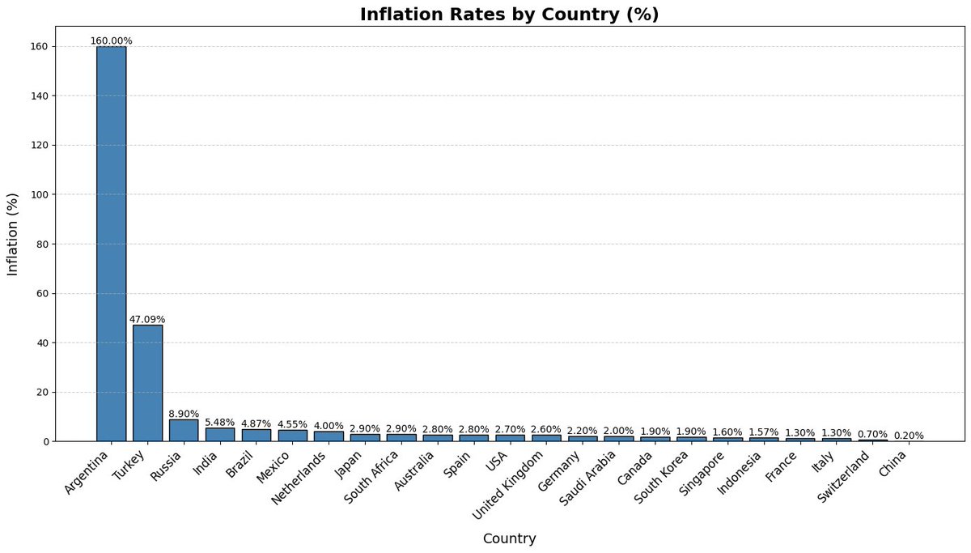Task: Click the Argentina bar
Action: click(x=111, y=243)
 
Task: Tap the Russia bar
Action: click(x=184, y=430)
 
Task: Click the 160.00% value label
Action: click(x=111, y=40)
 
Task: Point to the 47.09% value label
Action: click(x=147, y=319)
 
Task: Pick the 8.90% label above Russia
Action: click(x=184, y=414)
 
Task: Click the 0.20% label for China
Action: click(x=909, y=436)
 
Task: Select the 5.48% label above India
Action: click(x=220, y=422)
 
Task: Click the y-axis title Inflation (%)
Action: click(x=13, y=234)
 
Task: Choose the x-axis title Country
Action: click(x=509, y=538)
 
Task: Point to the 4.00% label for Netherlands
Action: click(x=329, y=426)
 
